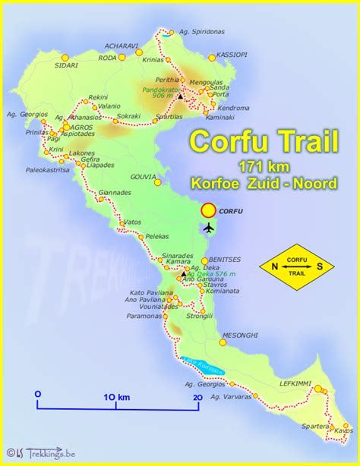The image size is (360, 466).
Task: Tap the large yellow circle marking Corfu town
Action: tap(207, 210)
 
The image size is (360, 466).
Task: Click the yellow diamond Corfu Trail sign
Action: tap(297, 266)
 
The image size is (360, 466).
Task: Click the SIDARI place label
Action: tap(45, 66)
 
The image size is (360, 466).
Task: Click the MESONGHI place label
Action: tap(241, 335)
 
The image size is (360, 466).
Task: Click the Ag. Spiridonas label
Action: tap(204, 32)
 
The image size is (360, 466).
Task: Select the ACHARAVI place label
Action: tap(122, 46)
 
